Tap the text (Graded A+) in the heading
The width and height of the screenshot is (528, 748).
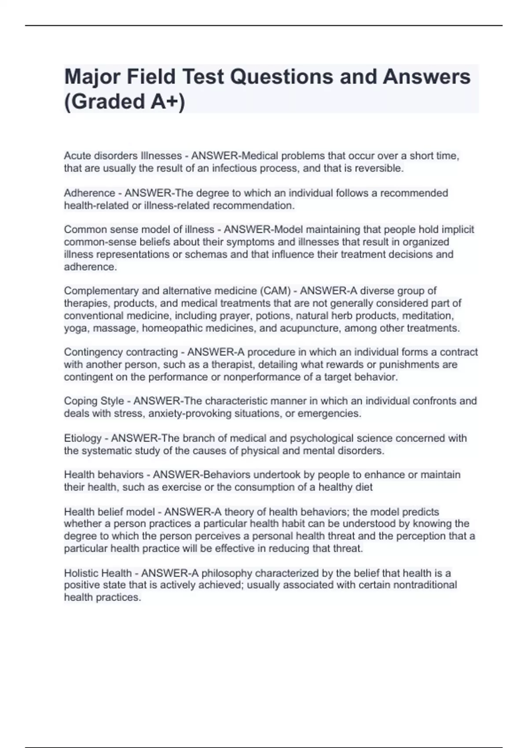[x=125, y=102]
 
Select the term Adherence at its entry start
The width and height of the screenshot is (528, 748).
[x=89, y=193]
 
